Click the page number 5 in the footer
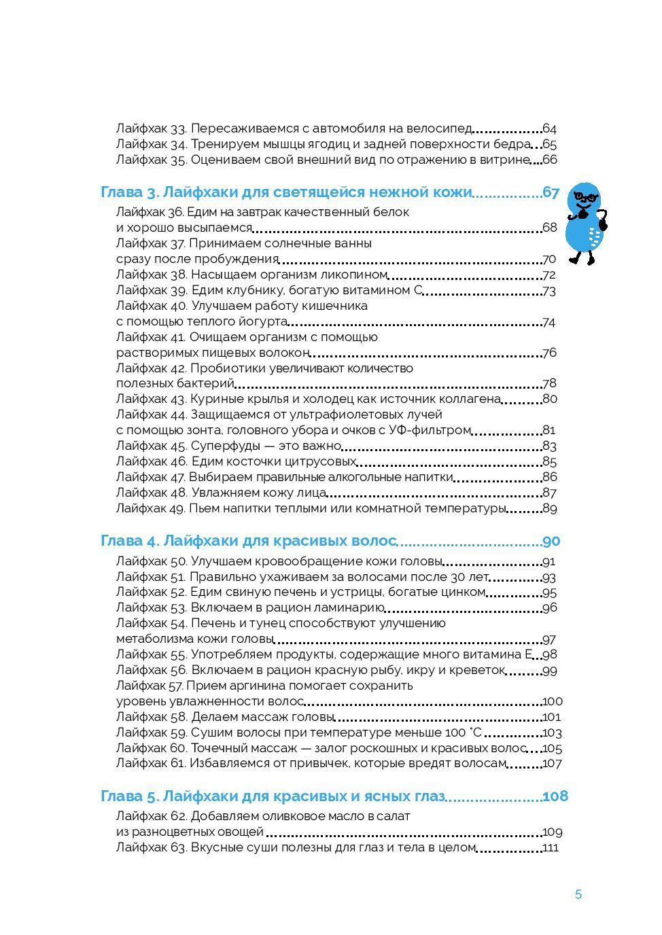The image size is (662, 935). click(x=578, y=894)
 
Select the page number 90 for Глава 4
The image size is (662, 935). click(x=551, y=542)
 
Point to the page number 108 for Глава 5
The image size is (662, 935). click(x=555, y=796)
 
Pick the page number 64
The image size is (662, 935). click(x=549, y=128)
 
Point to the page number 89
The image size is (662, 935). click(x=550, y=508)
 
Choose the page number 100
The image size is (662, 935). click(x=553, y=701)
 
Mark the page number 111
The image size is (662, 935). click(x=551, y=848)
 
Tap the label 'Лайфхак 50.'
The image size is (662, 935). click(x=152, y=561)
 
